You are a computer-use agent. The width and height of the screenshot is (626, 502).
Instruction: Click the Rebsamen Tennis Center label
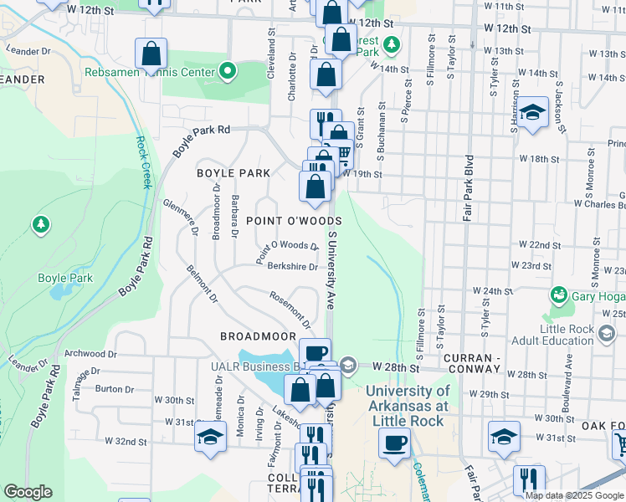pyautogui.click(x=150, y=72)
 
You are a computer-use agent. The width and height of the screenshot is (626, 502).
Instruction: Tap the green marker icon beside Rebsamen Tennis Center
pyautogui.click(x=228, y=72)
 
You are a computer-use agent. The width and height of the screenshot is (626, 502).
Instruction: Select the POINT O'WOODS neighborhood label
pyautogui.click(x=293, y=220)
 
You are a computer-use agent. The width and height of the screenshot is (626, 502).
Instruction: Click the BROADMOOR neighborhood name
pyautogui.click(x=258, y=336)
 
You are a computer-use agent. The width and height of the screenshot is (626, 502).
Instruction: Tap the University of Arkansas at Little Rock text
pyautogui.click(x=408, y=406)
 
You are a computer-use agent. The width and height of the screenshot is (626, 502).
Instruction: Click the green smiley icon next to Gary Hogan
pyautogui.click(x=558, y=295)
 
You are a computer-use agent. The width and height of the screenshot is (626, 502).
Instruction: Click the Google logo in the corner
pyautogui.click(x=28, y=492)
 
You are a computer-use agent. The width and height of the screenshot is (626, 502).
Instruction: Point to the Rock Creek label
pyautogui.click(x=141, y=162)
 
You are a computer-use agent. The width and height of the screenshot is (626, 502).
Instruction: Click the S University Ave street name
pyautogui.click(x=331, y=268)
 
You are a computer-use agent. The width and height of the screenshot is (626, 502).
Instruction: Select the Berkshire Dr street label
pyautogui.click(x=292, y=268)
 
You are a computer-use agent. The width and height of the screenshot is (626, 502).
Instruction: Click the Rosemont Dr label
pyautogui.click(x=290, y=308)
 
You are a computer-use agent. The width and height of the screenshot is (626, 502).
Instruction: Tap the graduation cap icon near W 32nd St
pyautogui.click(x=210, y=438)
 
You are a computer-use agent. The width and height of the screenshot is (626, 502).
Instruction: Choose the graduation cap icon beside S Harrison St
pyautogui.click(x=532, y=113)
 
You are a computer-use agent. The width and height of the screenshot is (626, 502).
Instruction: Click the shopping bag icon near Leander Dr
pyautogui.click(x=151, y=54)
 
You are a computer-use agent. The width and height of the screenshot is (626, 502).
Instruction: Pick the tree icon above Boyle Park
pyautogui.click(x=40, y=224)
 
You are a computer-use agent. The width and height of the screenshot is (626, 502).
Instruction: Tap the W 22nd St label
pyautogui.click(x=539, y=245)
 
